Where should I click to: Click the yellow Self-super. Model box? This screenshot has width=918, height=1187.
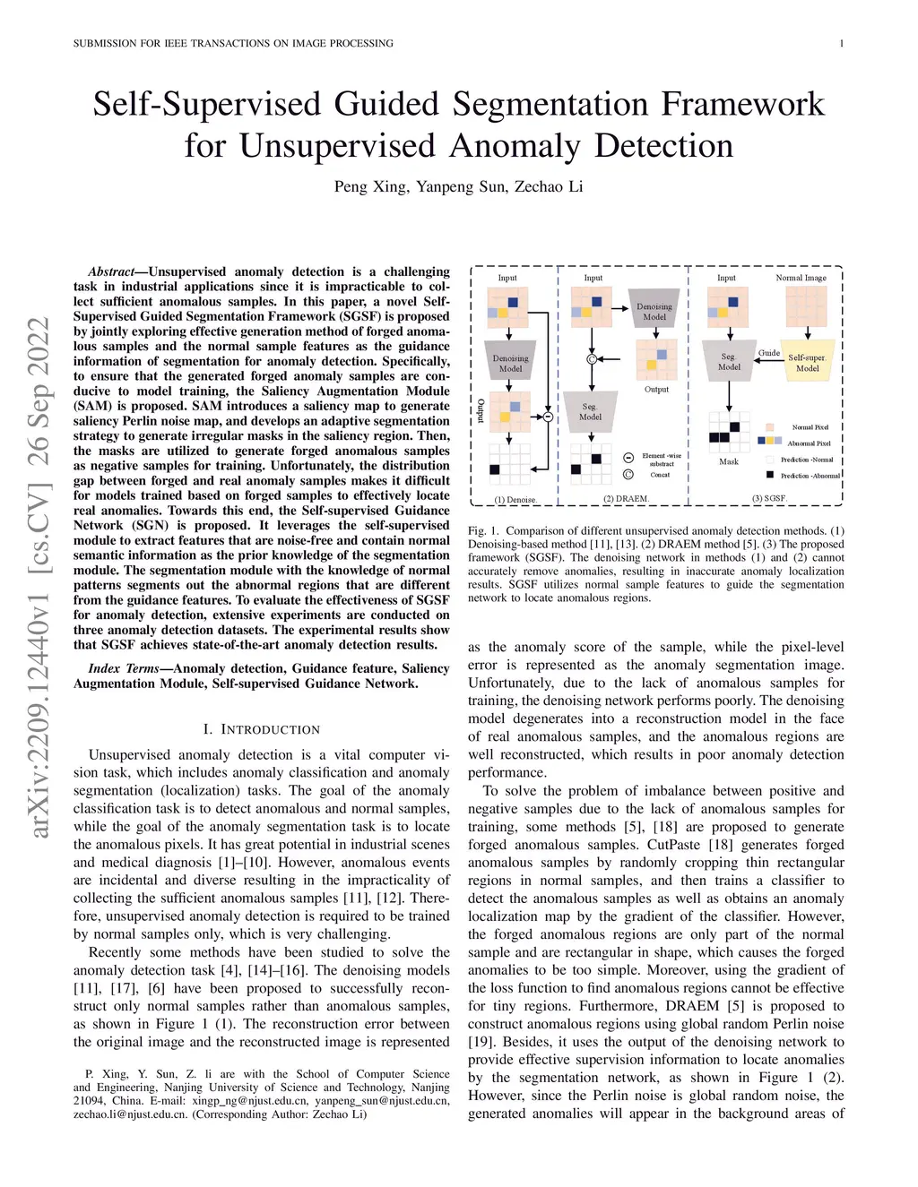(x=807, y=361)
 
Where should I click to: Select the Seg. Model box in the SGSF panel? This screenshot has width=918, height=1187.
(x=729, y=361)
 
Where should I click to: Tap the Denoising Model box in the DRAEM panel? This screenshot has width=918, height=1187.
(x=654, y=311)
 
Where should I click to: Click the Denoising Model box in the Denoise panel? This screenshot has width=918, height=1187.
(x=510, y=362)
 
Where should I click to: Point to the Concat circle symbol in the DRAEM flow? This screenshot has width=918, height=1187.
(x=592, y=359)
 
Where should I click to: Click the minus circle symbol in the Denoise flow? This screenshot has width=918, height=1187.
(x=548, y=417)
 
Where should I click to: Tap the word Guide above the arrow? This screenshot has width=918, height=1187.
(x=769, y=353)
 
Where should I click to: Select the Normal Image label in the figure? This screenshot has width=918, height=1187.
(x=801, y=278)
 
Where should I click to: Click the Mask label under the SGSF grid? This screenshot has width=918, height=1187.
(x=729, y=461)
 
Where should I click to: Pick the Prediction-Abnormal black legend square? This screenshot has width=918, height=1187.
(x=769, y=475)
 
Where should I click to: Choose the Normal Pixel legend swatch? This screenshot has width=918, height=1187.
(x=769, y=427)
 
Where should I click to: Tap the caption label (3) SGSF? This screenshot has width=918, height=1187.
(x=769, y=498)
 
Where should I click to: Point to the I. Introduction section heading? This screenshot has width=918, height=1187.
(x=261, y=729)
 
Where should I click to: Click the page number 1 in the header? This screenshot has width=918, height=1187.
(x=842, y=43)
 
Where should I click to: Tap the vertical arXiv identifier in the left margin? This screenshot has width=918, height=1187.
(x=39, y=577)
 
